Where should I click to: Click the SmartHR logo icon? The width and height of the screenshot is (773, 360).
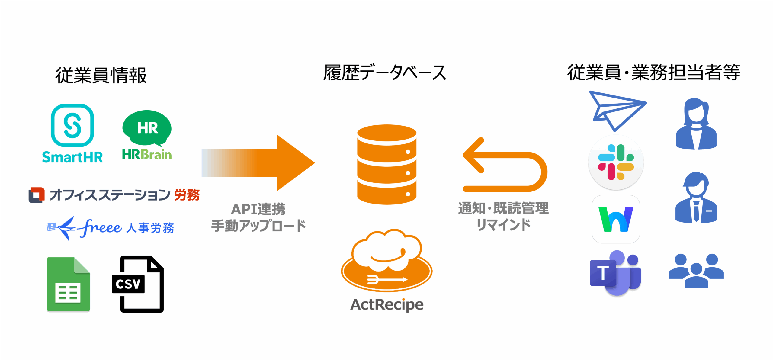click(72, 125)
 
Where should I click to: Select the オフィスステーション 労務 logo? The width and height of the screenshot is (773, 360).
click(114, 195)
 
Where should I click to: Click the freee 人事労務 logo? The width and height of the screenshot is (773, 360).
click(111, 228)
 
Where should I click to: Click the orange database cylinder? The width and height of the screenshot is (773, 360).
click(387, 164)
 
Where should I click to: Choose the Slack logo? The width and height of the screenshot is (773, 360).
click(616, 162)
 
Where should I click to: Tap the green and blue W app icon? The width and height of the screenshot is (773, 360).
click(616, 219)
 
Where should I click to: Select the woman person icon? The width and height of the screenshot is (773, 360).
click(696, 124)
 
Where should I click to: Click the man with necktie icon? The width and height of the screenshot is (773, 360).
click(696, 198)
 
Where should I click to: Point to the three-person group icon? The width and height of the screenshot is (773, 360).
click(696, 270)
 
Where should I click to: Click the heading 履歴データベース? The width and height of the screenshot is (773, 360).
click(385, 73)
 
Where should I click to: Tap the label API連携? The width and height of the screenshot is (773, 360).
click(258, 209)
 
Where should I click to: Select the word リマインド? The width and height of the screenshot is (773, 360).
click(503, 225)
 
